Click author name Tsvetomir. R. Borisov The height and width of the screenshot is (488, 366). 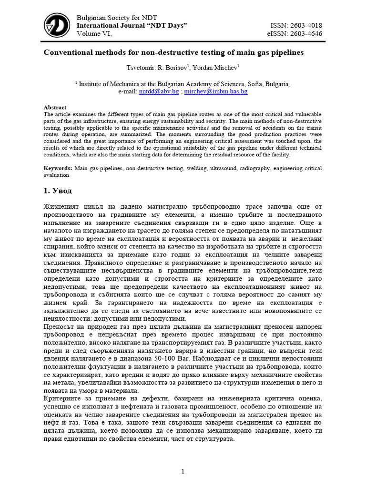pos(152,67)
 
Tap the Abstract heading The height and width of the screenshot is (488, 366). pos(55,107)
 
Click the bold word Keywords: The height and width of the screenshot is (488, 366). pos(58,168)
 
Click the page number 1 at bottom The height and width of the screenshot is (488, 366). pos(183,471)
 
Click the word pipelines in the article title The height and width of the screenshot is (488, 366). pos(286,52)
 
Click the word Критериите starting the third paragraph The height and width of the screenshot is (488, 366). pos(64,397)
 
